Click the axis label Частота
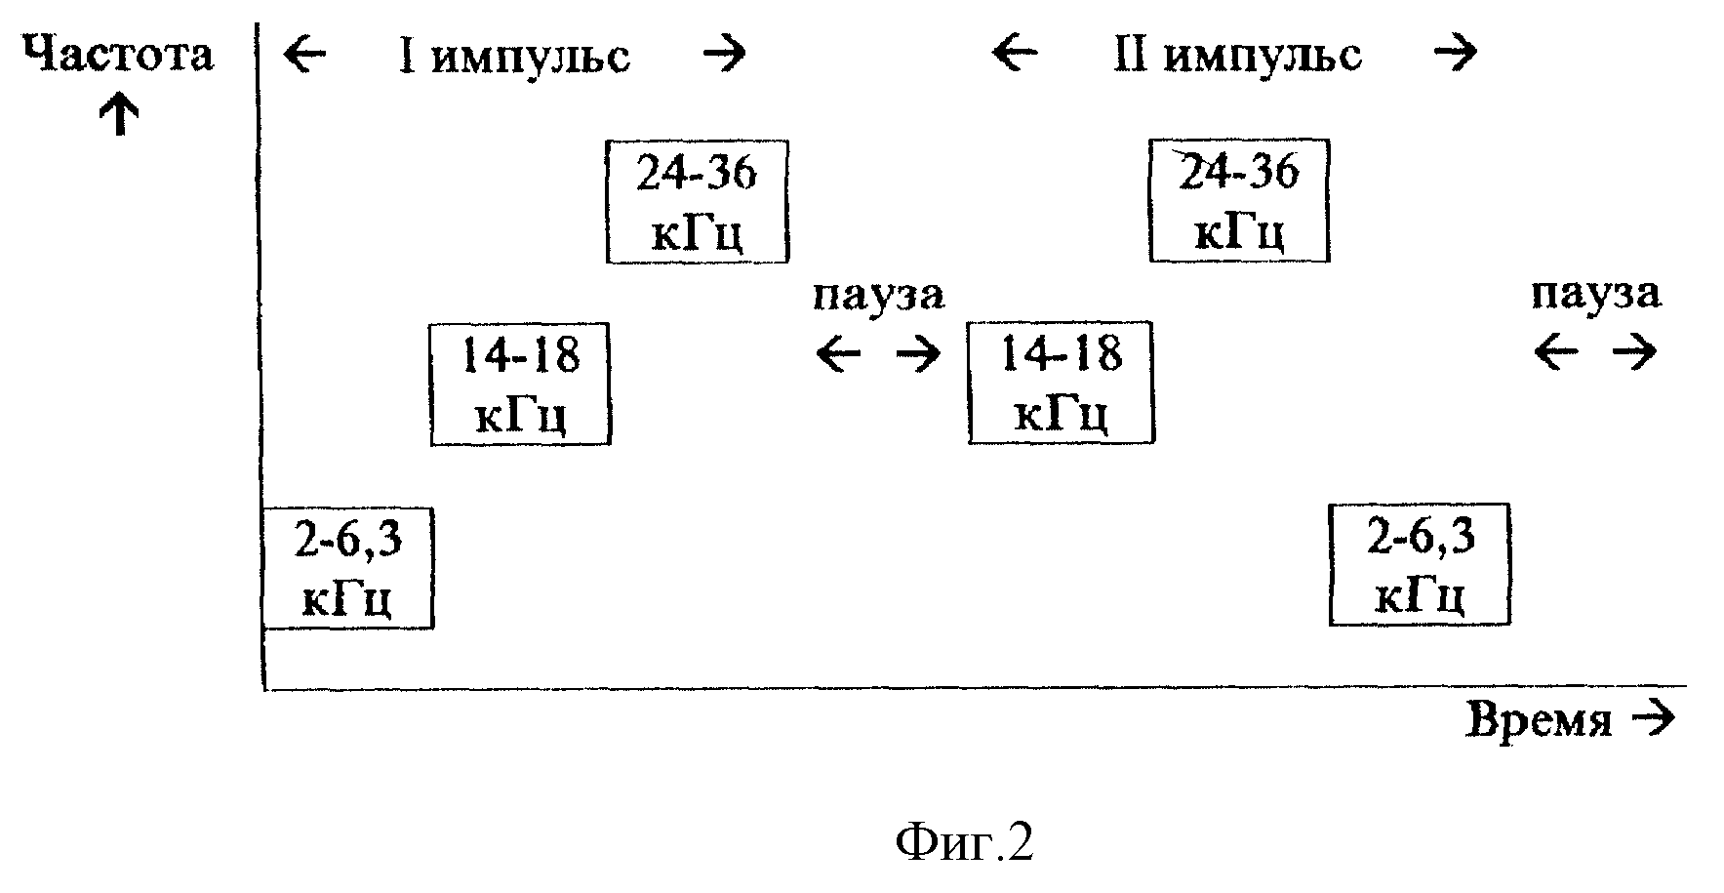117,55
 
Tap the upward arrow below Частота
119,114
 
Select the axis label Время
1539,721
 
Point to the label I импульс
513,56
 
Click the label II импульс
1237,55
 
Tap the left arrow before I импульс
304,54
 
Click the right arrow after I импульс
724,54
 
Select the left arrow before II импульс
1015,53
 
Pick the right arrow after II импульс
1455,53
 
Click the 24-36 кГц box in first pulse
697,201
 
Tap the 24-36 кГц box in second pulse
1239,200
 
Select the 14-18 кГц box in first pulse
520,384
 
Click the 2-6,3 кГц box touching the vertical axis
347,568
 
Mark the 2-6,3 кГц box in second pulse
1420,564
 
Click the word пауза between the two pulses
879,295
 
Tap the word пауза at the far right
1595,294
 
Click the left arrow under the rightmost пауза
1555,352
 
